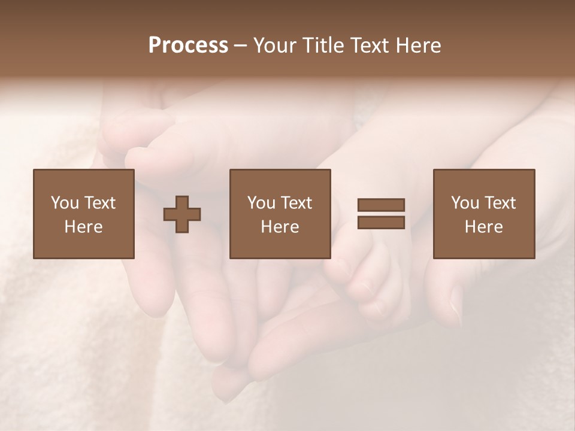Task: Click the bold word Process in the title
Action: (188, 45)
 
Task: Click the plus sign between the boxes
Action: (182, 214)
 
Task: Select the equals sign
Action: (381, 214)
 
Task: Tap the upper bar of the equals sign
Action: (381, 205)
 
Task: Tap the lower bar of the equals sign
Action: (381, 222)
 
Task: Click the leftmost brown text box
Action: (84, 214)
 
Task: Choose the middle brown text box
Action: (280, 214)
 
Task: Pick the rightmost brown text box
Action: (484, 214)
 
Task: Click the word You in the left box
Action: (65, 203)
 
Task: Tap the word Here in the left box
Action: (84, 227)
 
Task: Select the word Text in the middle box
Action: (296, 203)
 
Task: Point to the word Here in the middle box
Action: (280, 227)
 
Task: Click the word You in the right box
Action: (465, 203)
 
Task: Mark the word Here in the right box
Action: (484, 227)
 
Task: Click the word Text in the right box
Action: (500, 203)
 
